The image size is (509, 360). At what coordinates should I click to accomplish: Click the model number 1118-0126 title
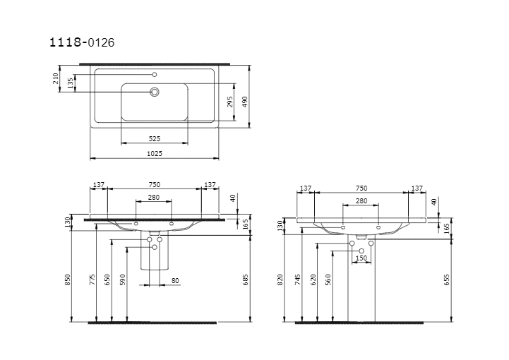click(x=82, y=42)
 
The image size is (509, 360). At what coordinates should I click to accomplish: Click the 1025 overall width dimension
click(x=155, y=154)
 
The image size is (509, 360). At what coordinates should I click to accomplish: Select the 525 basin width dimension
click(x=155, y=138)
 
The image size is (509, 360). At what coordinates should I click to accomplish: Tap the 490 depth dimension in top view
click(x=245, y=102)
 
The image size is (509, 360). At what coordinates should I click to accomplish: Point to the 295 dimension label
click(x=230, y=102)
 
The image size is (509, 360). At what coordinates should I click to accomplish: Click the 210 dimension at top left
click(x=55, y=78)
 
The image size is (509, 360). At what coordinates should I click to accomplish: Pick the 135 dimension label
click(x=70, y=83)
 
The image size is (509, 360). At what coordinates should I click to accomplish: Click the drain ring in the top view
click(x=155, y=92)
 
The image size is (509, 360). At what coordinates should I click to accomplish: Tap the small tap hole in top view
click(x=155, y=75)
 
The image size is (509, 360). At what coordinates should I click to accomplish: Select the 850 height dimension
click(x=68, y=280)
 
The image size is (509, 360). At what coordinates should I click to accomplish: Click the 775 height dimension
click(x=92, y=280)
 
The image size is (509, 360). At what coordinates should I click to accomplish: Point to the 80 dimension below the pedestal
click(x=175, y=281)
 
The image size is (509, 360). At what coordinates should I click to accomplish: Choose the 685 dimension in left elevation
click(x=246, y=280)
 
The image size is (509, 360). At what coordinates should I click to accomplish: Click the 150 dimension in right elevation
click(x=361, y=258)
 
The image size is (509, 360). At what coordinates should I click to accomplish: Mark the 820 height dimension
click(x=280, y=280)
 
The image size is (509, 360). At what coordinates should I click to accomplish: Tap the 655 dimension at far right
click(x=447, y=280)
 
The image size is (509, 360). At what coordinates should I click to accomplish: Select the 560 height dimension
click(x=328, y=280)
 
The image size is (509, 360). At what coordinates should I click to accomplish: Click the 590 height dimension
click(x=122, y=280)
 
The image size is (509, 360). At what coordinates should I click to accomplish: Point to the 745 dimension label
click(x=298, y=280)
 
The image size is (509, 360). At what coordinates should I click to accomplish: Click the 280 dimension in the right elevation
click(x=361, y=201)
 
